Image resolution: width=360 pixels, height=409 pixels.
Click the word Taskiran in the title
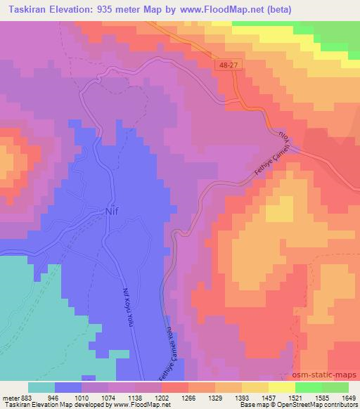coord(23,11)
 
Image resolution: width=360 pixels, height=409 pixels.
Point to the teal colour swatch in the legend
coord(41,387)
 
